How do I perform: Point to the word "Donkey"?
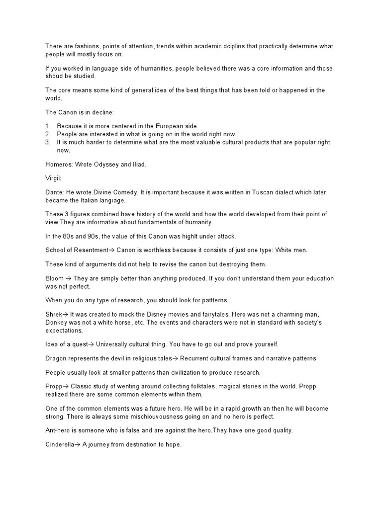pyautogui.click(x=56, y=323)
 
